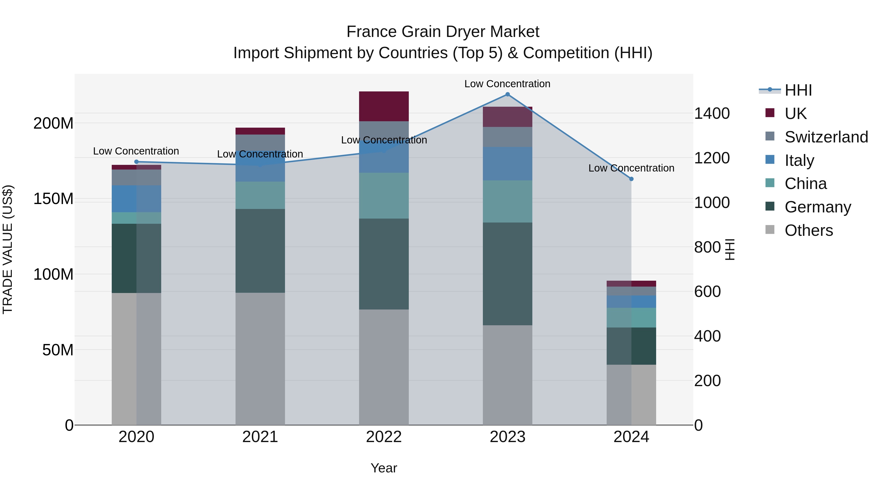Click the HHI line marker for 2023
(507, 94)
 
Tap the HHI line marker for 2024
(631, 179)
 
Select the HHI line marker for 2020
(137, 162)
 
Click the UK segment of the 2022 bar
(384, 106)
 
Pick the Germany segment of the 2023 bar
(507, 274)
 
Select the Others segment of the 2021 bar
(260, 359)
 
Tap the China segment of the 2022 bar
(384, 196)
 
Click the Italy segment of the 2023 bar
(507, 164)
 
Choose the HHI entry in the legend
(798, 90)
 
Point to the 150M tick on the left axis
(53, 199)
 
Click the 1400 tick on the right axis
(712, 113)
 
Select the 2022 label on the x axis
(384, 437)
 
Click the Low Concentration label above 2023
(507, 84)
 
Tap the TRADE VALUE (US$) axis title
(8, 249)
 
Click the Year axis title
(384, 468)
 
